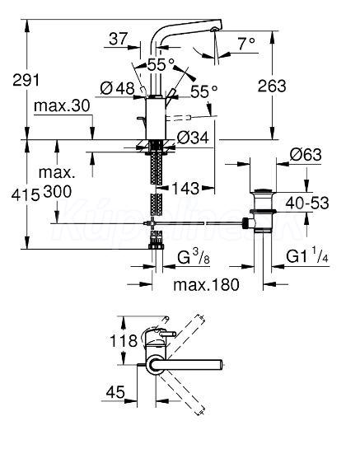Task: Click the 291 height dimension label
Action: [x=26, y=80]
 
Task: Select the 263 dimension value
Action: [x=272, y=86]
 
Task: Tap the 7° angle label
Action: [x=246, y=44]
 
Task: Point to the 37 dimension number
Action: [x=118, y=39]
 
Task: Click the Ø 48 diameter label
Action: [x=118, y=88]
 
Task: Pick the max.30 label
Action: [x=62, y=105]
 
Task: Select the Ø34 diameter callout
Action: [x=193, y=138]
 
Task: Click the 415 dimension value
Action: [x=26, y=195]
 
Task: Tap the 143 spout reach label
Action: [x=185, y=189]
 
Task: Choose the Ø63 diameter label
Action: [x=306, y=155]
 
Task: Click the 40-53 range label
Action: [x=307, y=203]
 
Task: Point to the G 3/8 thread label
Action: [x=194, y=258]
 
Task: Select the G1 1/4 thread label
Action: [x=306, y=256]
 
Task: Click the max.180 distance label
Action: [x=206, y=284]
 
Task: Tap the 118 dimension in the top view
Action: [x=124, y=341]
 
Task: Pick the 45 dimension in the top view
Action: [x=115, y=391]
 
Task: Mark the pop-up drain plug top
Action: [x=263, y=190]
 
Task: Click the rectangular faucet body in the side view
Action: [x=156, y=119]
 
